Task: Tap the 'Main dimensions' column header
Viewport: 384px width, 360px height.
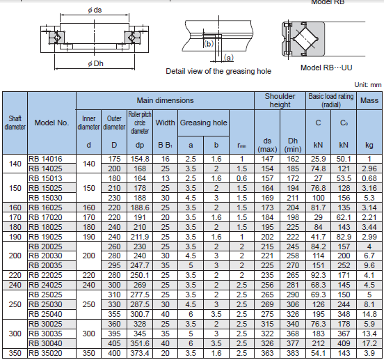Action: pos(165,100)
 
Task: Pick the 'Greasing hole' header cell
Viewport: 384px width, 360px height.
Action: pos(203,123)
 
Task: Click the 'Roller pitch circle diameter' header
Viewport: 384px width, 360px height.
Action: pos(140,123)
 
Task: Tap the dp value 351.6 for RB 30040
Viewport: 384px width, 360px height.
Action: pos(140,343)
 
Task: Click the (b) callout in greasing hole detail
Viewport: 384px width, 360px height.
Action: pos(209,44)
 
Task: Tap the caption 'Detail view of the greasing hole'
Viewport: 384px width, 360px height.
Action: pos(218,71)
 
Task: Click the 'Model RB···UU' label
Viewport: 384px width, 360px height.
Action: pos(326,68)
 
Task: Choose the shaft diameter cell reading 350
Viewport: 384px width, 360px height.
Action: pos(15,353)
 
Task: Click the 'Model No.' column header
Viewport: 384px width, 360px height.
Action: pos(51,123)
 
